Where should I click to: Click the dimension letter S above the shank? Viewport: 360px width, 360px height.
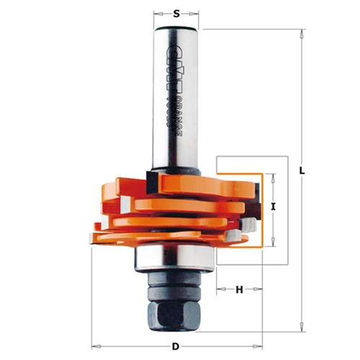coord(177,12)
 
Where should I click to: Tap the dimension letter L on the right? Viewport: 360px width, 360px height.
coord(302,171)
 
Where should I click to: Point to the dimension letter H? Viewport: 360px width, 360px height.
coord(239,289)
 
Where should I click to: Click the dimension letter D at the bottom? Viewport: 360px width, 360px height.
coord(177,346)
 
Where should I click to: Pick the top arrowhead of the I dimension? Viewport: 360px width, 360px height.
coord(274,176)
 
